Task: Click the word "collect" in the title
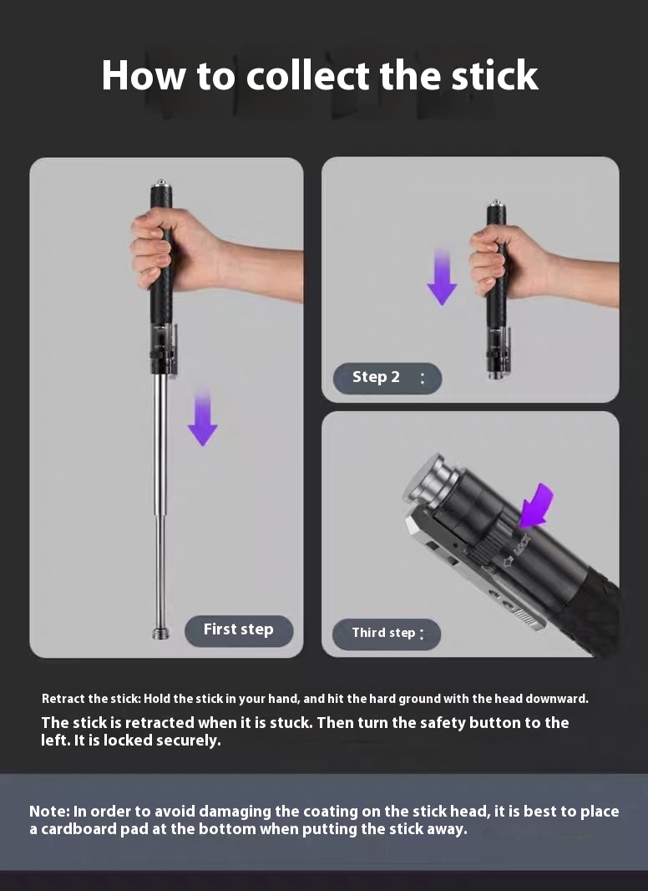point(308,75)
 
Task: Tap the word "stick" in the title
point(494,75)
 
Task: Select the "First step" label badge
point(239,630)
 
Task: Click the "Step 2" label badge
point(387,378)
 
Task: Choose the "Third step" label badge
point(387,634)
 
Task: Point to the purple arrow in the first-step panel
point(203,417)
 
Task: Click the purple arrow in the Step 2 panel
point(442,277)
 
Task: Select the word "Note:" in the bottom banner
point(49,811)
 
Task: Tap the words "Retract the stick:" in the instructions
point(91,699)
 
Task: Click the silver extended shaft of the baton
point(161,500)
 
